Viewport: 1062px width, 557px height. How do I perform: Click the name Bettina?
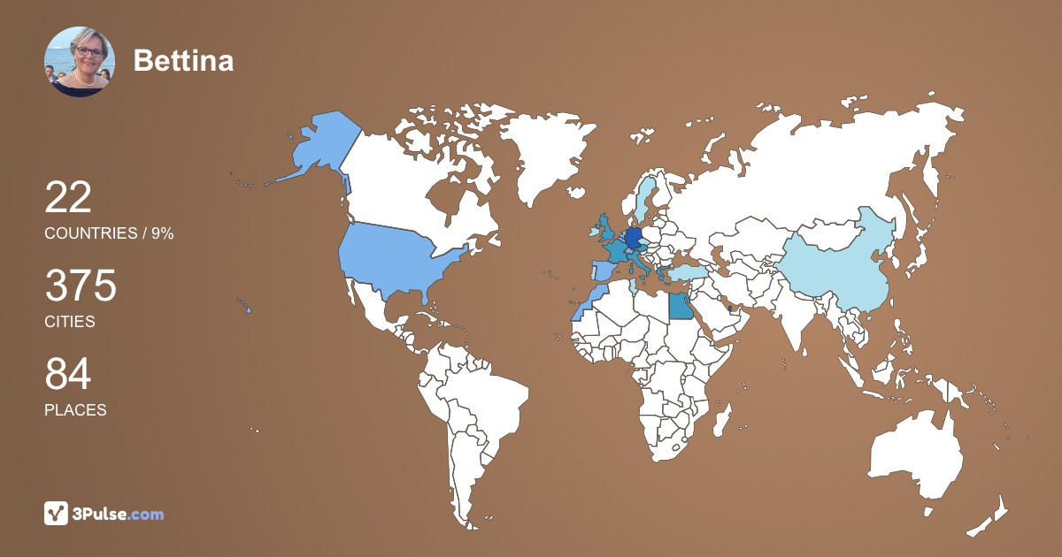[x=183, y=61]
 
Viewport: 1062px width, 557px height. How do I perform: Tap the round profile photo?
[x=80, y=61]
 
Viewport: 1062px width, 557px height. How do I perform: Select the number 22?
[x=68, y=197]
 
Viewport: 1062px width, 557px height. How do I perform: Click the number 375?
[x=81, y=286]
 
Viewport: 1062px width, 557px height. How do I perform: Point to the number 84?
[x=68, y=375]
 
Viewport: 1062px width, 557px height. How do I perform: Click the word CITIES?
[x=70, y=322]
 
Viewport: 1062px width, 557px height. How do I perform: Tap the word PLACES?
[x=75, y=410]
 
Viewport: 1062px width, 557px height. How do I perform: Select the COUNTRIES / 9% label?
[x=109, y=233]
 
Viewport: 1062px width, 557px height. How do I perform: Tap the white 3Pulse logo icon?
[x=57, y=514]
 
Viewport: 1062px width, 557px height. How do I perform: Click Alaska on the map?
[x=319, y=146]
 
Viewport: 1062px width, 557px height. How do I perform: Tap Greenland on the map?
[x=540, y=159]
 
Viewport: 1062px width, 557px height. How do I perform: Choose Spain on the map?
[x=602, y=271]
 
